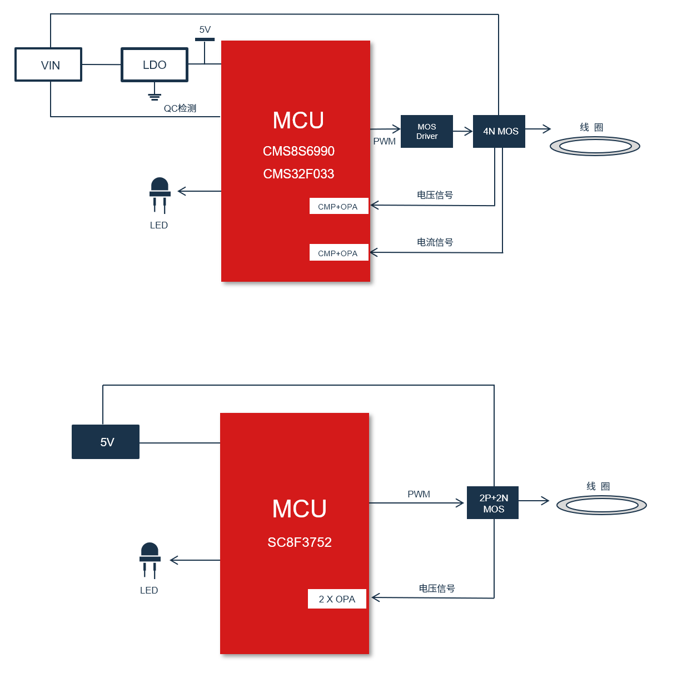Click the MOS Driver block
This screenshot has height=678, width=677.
(x=427, y=131)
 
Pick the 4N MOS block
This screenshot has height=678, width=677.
(x=499, y=131)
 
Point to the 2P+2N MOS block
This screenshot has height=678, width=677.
(x=492, y=502)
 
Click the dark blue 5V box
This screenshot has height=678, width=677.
(x=106, y=442)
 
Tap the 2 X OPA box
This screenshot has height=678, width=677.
(x=337, y=599)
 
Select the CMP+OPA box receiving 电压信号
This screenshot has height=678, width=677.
(x=339, y=206)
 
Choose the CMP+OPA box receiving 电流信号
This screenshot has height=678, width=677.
(x=339, y=252)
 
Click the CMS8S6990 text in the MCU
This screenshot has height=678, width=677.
(x=298, y=151)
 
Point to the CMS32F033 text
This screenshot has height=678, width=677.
(x=298, y=174)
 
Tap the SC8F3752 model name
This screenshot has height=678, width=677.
(x=300, y=542)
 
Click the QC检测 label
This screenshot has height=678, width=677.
(x=180, y=108)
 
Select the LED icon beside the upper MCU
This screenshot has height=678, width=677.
(x=160, y=195)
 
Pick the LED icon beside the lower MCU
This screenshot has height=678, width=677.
(x=150, y=561)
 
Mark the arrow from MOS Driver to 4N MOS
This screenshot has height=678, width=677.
(x=462, y=131)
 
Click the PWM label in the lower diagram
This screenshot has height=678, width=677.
(x=419, y=494)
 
